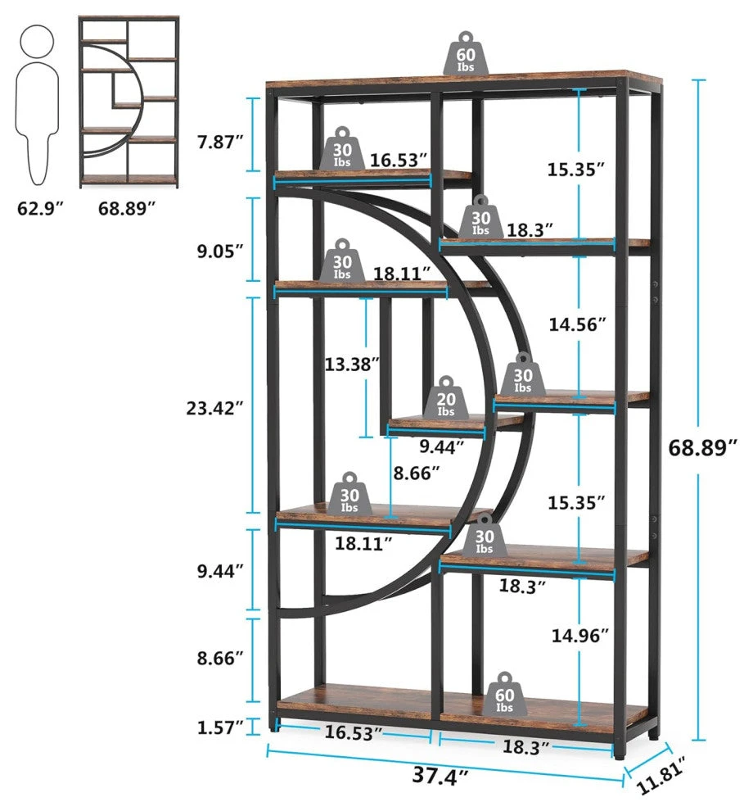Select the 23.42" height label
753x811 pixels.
click(215, 407)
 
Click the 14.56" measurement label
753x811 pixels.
click(577, 324)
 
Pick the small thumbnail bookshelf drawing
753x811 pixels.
click(129, 102)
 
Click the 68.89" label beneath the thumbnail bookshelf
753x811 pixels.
click(127, 208)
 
